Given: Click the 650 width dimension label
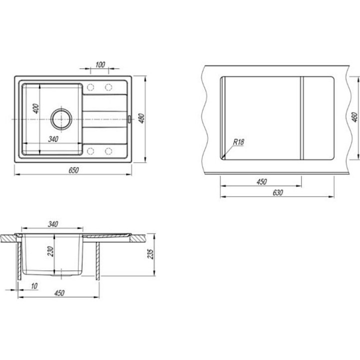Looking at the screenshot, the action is click(x=73, y=170).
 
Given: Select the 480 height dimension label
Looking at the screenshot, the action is click(x=142, y=118).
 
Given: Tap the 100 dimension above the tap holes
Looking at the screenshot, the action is click(x=100, y=64).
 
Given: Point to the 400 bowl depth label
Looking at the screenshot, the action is click(x=36, y=108).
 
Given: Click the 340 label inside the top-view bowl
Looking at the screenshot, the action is click(x=53, y=139).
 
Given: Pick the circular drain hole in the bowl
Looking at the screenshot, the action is click(x=61, y=119).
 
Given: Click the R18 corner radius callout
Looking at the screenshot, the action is click(x=238, y=142).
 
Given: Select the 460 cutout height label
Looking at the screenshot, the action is click(x=355, y=117).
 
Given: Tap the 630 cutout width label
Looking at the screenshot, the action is click(x=277, y=192).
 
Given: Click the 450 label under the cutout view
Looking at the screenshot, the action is click(x=261, y=181).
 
